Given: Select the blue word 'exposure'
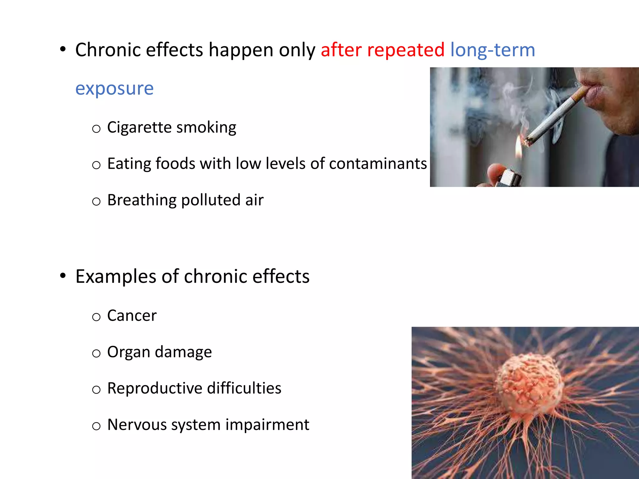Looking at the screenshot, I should click(115, 89).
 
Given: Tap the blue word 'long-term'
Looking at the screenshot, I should click(493, 50).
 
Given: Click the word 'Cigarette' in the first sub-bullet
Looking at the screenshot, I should click(139, 127).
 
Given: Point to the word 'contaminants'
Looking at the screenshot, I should click(378, 163).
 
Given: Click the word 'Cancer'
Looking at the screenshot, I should click(132, 315).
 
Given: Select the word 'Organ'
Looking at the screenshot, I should click(129, 352).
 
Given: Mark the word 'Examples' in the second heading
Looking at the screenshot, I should click(115, 276).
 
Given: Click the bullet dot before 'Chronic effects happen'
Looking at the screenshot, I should click(63, 50).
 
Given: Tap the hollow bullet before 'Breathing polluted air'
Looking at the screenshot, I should click(96, 201).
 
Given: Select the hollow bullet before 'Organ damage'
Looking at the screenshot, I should click(96, 353).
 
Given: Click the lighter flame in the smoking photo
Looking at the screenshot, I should click(518, 148).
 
